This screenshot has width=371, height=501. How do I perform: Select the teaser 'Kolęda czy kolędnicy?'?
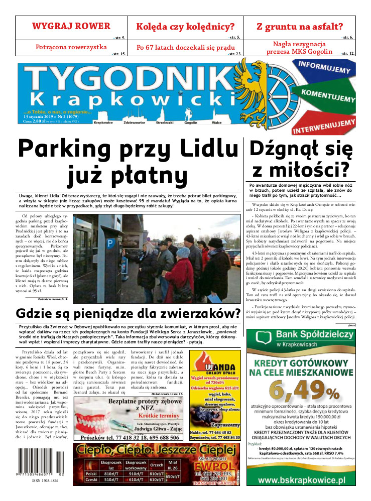pyautogui.click(x=186, y=27)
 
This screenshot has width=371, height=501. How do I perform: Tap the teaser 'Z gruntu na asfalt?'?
pyautogui.click(x=300, y=27)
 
